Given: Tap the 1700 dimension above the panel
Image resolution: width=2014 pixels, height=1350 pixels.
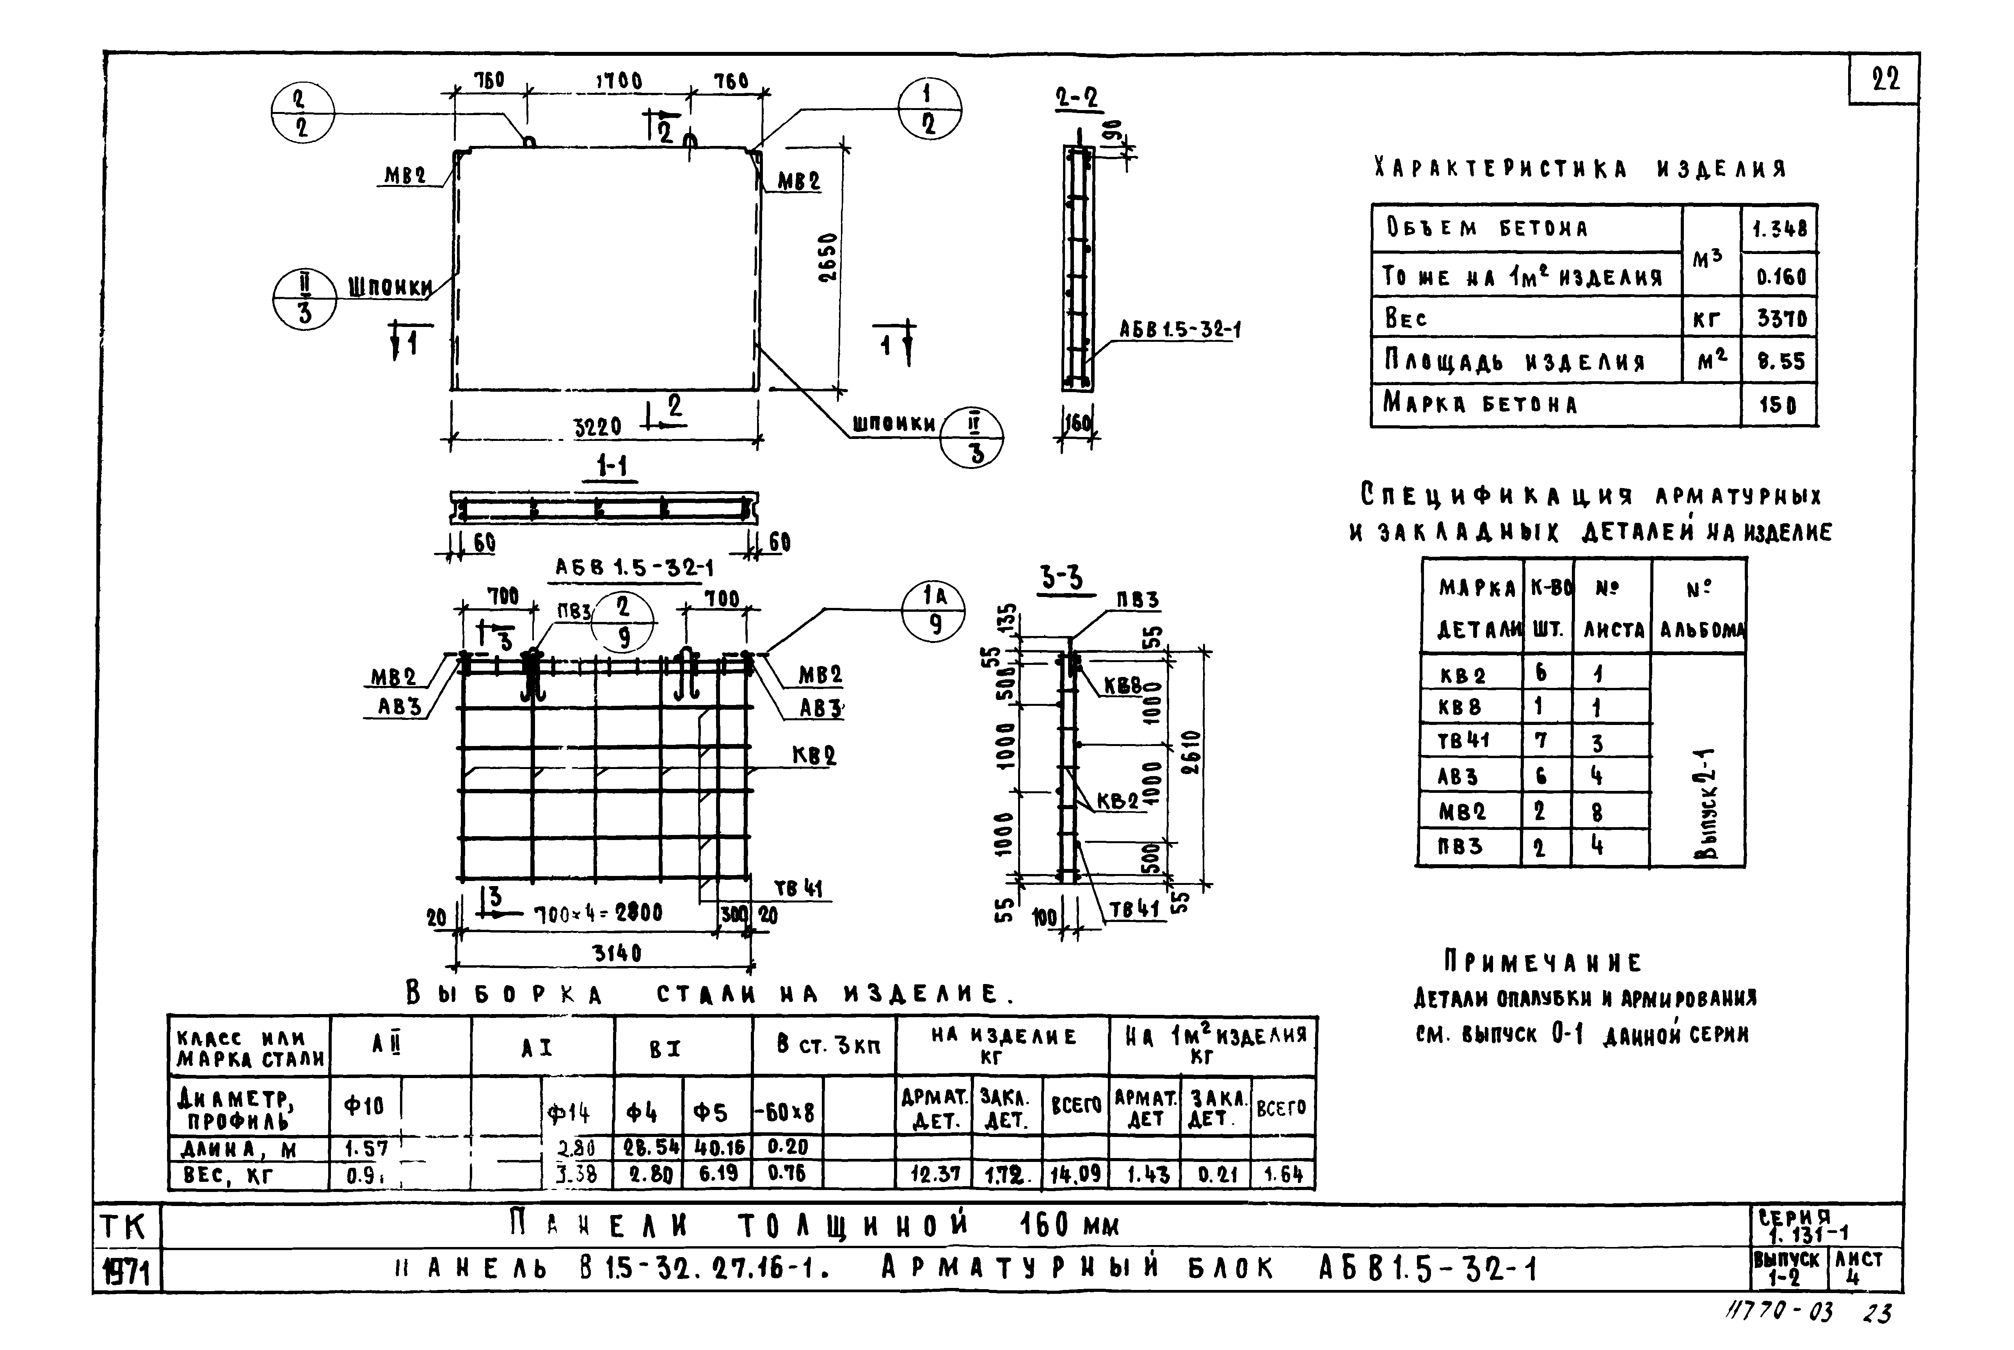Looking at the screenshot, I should (619, 81).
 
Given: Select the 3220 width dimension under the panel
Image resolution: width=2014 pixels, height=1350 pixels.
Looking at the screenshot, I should (597, 427).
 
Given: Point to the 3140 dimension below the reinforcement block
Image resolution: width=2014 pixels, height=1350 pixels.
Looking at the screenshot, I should (617, 953).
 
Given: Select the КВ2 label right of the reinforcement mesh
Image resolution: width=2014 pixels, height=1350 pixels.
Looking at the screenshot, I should (814, 756).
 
